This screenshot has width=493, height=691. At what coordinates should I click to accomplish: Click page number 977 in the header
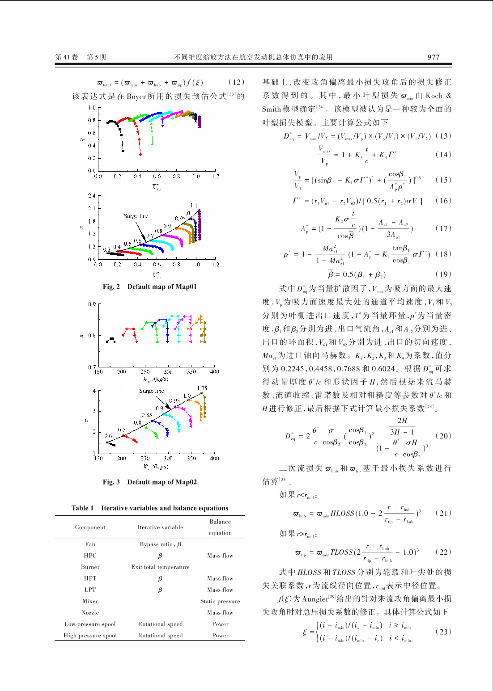[x=433, y=57]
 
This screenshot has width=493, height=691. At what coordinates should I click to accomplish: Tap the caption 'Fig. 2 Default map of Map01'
[x=149, y=287]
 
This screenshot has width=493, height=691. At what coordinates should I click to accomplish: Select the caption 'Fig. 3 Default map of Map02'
[x=149, y=482]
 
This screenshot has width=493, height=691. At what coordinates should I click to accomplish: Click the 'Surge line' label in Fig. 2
[x=136, y=216]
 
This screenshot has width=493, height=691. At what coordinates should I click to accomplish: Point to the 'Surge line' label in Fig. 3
[x=151, y=391]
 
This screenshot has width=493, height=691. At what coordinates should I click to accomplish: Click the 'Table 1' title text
[x=149, y=508]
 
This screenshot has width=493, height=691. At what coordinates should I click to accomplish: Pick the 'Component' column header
[x=90, y=527]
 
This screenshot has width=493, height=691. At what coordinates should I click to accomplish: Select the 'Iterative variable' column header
[x=160, y=527]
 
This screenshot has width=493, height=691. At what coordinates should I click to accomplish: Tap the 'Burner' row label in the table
[x=90, y=567]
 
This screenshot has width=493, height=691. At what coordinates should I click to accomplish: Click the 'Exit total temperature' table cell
[x=160, y=567]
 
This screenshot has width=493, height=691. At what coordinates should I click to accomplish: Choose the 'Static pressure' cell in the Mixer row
[x=220, y=602]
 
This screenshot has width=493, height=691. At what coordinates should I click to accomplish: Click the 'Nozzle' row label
[x=90, y=613]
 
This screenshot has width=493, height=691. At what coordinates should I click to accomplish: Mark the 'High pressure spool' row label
[x=90, y=636]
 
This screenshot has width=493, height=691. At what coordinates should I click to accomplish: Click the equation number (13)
[x=443, y=136]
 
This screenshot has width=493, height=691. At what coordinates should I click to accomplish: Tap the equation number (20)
[x=443, y=436]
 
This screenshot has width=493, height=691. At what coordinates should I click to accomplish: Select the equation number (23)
[x=443, y=632]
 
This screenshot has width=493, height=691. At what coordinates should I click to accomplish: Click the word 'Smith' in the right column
[x=271, y=110]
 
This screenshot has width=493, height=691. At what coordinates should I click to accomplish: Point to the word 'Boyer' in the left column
[x=136, y=97]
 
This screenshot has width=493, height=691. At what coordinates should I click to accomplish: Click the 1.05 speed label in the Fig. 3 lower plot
[x=202, y=388]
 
